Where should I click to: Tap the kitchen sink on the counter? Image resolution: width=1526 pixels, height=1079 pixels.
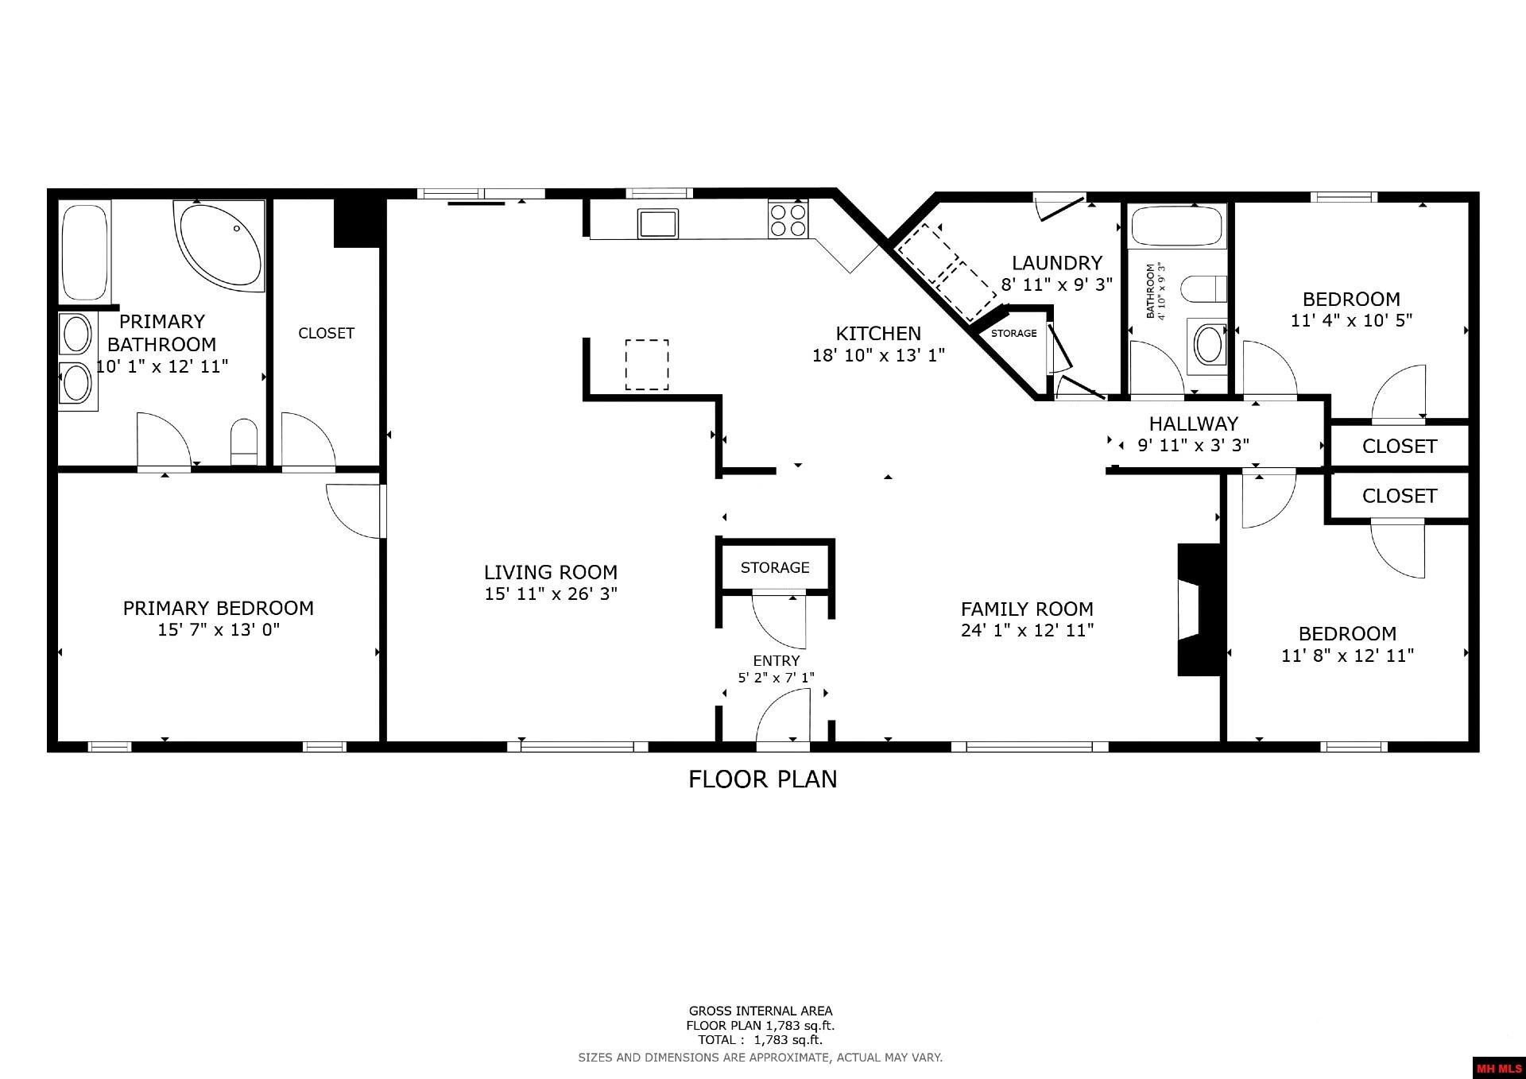click(x=657, y=223)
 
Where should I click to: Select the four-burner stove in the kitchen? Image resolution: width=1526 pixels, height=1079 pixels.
click(x=788, y=220)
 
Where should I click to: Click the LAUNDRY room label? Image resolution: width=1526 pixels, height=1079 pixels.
click(x=1056, y=263)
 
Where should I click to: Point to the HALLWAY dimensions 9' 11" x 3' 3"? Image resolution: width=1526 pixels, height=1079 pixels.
click(x=1193, y=445)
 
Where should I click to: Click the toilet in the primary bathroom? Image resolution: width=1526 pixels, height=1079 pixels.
click(x=244, y=442)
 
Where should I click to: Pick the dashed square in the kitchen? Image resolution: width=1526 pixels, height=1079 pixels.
click(x=646, y=365)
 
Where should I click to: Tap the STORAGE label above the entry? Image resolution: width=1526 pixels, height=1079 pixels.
click(x=775, y=567)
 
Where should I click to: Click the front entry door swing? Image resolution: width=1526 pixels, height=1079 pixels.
click(x=783, y=718)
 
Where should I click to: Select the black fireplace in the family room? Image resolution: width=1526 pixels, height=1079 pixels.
click(x=1199, y=609)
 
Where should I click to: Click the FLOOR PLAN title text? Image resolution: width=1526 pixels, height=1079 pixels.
click(x=763, y=779)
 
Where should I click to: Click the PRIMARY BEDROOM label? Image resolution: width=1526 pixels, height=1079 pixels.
click(x=219, y=608)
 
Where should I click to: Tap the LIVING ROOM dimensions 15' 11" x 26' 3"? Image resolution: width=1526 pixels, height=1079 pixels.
click(x=551, y=594)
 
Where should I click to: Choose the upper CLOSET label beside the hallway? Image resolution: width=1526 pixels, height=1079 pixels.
click(x=1399, y=447)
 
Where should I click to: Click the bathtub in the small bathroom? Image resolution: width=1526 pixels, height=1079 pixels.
click(x=1176, y=226)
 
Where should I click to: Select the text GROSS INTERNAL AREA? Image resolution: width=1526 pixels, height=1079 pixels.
click(x=761, y=1011)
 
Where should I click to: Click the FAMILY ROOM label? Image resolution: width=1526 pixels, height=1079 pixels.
click(x=1027, y=609)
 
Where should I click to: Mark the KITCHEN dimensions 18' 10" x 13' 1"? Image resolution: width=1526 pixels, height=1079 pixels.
click(x=878, y=355)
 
